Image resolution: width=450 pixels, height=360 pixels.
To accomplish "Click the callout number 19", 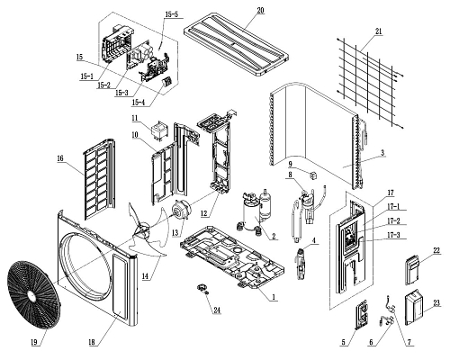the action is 35,342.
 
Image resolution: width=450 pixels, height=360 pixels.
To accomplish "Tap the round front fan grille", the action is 33,295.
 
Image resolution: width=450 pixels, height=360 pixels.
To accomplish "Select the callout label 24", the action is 217,310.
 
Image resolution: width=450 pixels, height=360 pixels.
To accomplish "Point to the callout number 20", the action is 260,10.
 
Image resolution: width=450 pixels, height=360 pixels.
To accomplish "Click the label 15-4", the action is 138,103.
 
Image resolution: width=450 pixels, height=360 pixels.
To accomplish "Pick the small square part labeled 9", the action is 313,175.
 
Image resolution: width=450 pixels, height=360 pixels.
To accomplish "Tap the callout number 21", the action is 378,31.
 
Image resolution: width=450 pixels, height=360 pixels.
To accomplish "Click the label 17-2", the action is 393,221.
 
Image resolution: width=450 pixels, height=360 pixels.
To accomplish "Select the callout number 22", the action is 436,251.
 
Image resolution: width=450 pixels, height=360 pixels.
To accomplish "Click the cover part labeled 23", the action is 414,308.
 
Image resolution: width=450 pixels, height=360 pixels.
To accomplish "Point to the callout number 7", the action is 409,342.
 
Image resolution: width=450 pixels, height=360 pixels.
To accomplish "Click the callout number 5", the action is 344,342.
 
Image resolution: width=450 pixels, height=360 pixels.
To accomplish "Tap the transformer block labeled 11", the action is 158,132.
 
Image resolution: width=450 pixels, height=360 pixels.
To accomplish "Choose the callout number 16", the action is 60,158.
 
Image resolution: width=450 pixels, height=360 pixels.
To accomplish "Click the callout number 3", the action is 382,152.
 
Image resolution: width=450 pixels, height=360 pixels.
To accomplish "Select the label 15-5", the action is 171,14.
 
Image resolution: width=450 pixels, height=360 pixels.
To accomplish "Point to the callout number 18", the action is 93,342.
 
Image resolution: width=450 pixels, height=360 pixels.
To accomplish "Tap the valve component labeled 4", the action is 301,264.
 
